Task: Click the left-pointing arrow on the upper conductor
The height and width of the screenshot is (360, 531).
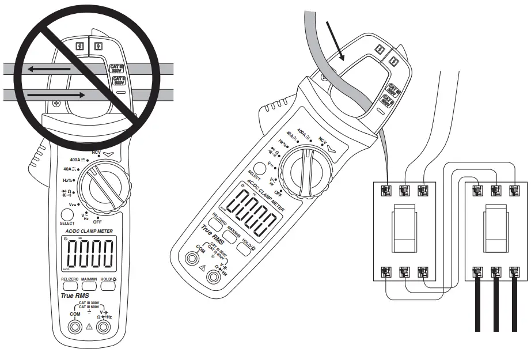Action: pyautogui.click(x=49, y=70)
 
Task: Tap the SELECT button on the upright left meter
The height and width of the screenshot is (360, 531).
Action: pyautogui.click(x=67, y=215)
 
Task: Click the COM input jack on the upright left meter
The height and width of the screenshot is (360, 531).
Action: pyautogui.click(x=74, y=328)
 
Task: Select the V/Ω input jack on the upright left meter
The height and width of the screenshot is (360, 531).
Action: pyautogui.click(x=104, y=328)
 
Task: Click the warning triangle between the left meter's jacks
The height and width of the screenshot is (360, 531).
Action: pyautogui.click(x=89, y=327)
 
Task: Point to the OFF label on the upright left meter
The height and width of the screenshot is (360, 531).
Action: pyautogui.click(x=97, y=221)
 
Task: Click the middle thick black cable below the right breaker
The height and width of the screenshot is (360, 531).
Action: pyautogui.click(x=495, y=305)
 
